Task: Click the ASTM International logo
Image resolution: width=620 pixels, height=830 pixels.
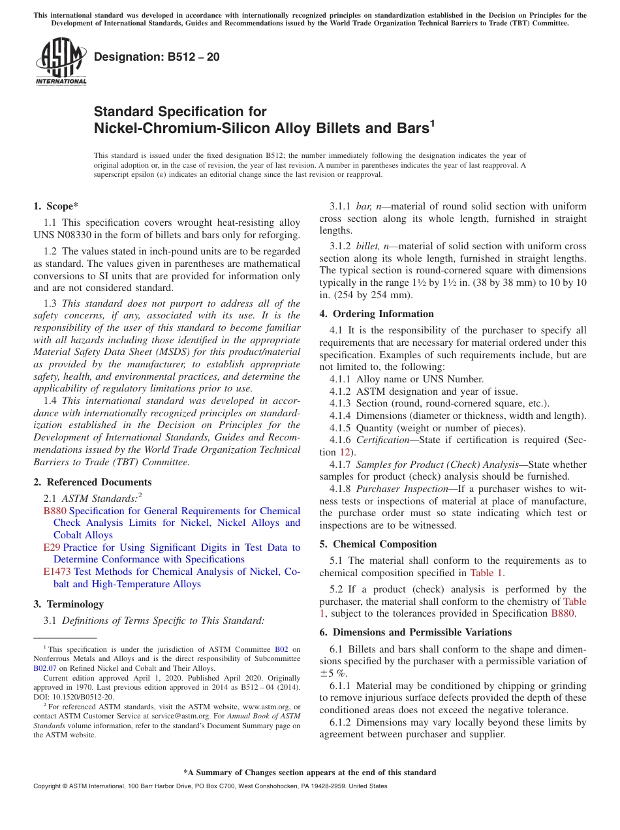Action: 61,61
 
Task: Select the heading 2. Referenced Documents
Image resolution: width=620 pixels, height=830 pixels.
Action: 92,482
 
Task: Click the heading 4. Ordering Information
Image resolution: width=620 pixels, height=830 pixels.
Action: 377,314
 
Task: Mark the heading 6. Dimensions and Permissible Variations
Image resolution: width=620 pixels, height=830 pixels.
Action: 415,632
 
